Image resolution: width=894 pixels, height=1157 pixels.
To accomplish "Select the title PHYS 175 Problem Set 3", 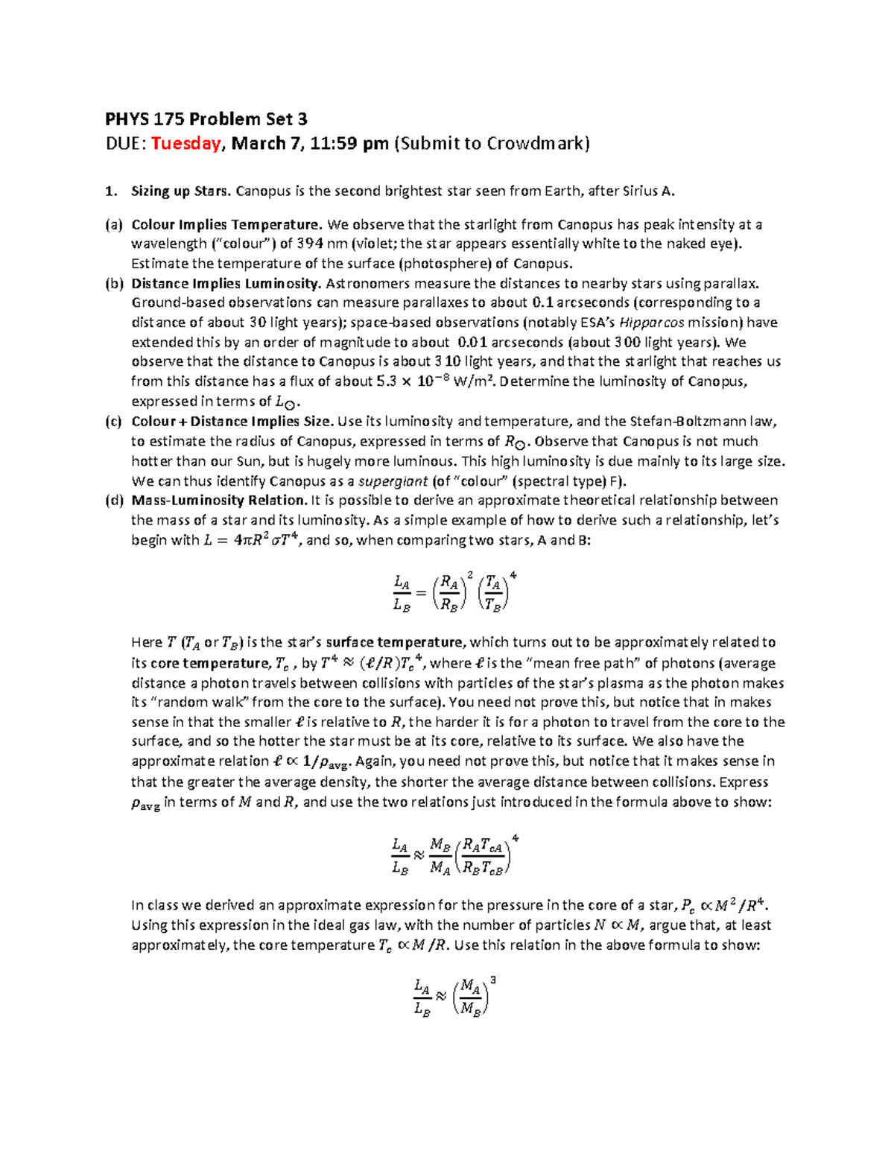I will click(206, 119).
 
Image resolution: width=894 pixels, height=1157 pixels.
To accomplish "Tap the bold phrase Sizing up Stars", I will click(181, 191).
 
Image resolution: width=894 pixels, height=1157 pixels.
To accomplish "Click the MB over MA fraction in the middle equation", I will click(440, 857).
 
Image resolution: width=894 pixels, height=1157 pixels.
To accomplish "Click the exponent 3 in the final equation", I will click(493, 981).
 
